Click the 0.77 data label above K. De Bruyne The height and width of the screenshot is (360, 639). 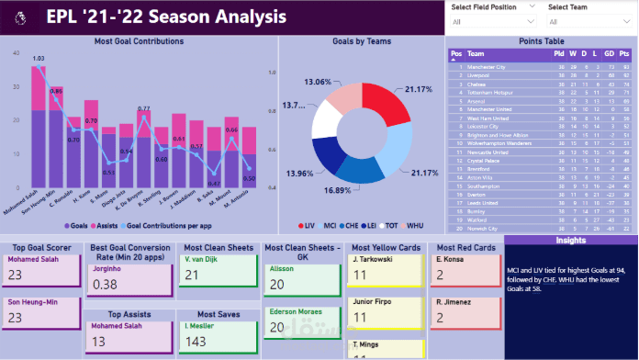pos(143,109)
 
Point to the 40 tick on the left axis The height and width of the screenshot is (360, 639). pos(13,54)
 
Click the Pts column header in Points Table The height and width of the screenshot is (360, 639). pos(624,54)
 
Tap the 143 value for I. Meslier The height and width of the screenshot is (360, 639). pos(197,343)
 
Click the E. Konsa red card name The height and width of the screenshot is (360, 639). pos(450,259)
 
